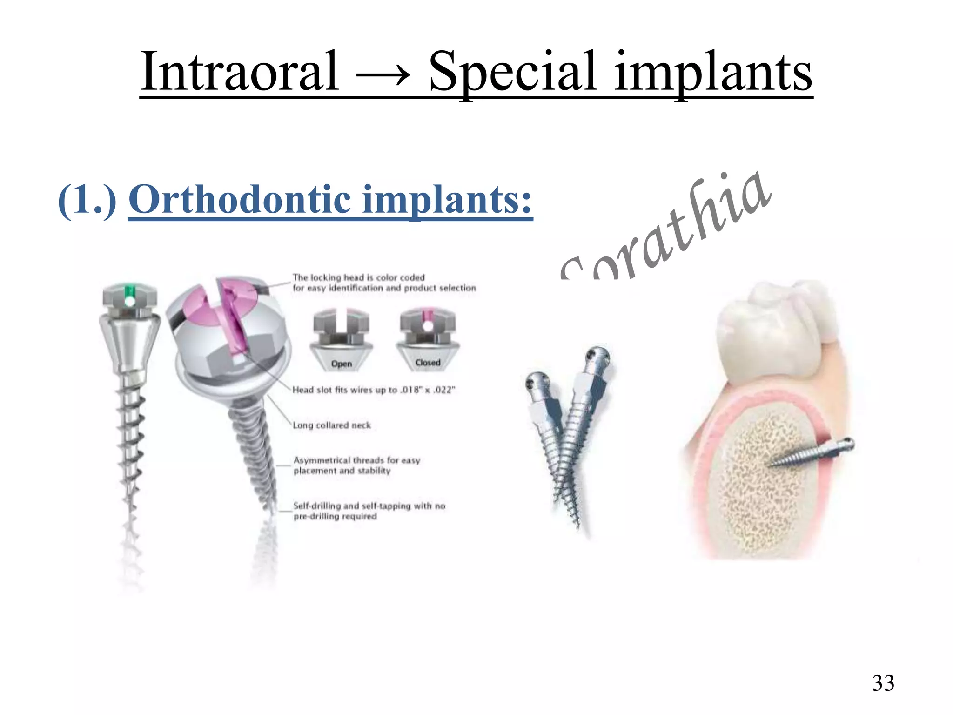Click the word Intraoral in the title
[x=239, y=72]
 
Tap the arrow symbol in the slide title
[x=383, y=74]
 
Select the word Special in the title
[x=512, y=72]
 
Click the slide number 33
[x=883, y=683]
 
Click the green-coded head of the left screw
[x=130, y=295]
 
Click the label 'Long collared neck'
[x=332, y=425]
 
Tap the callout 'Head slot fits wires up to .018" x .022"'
[x=374, y=390]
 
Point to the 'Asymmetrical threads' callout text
[x=356, y=465]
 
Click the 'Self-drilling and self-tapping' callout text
[x=369, y=511]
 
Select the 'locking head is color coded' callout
[x=384, y=283]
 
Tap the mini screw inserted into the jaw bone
[x=810, y=454]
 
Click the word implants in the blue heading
[x=447, y=200]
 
